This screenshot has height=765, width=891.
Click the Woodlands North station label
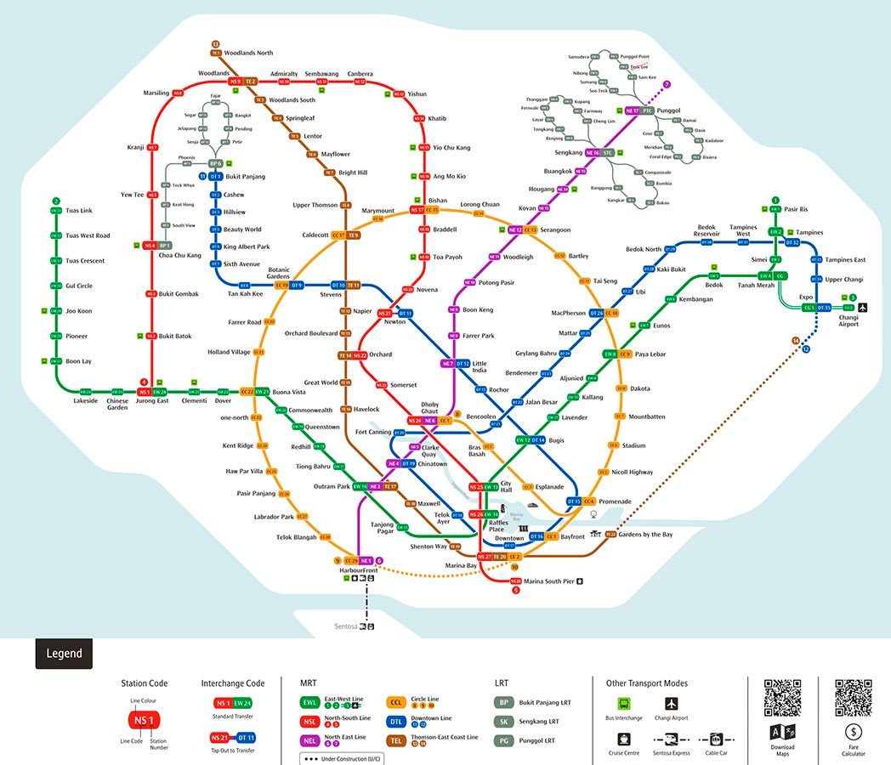pos(248,53)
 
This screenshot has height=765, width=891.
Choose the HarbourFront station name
pos(358,570)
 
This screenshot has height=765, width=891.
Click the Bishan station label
pos(438,201)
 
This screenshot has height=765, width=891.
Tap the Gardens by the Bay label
pos(645,535)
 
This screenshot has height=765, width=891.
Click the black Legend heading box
pos(64,654)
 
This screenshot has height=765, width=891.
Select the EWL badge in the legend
pos(310,702)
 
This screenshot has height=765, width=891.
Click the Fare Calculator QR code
pos(853,698)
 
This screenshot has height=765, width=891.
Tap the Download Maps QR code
pos(782,698)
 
